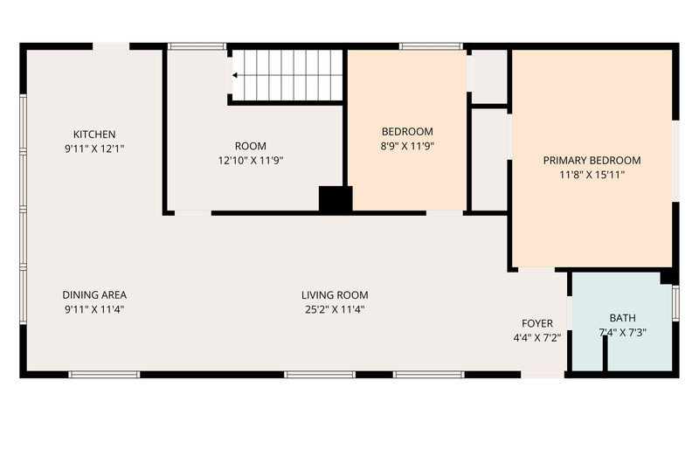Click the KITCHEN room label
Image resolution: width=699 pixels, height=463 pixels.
(x=94, y=135)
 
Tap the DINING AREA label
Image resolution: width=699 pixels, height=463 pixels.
(x=94, y=295)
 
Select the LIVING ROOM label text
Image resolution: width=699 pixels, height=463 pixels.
(x=335, y=295)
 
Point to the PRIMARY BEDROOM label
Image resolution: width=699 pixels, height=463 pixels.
(x=592, y=161)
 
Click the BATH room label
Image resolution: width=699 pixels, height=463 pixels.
(x=623, y=318)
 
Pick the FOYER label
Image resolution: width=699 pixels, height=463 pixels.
(x=537, y=323)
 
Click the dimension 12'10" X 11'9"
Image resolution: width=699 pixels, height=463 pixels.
(x=251, y=161)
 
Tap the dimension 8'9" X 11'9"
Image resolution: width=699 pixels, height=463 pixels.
(x=407, y=146)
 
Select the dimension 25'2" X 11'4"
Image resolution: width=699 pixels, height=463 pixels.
(x=335, y=309)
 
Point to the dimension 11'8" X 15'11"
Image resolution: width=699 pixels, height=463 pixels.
(x=592, y=175)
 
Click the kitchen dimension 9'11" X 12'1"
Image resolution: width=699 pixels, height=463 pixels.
(x=94, y=149)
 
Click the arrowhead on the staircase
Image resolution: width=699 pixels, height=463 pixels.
(x=234, y=75)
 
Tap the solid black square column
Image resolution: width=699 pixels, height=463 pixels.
(x=336, y=199)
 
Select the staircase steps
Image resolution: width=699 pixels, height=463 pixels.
(x=287, y=75)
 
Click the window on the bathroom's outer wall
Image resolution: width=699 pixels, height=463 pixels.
(x=675, y=303)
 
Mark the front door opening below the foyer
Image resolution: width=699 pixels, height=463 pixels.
(x=543, y=374)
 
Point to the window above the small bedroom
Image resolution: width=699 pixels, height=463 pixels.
(x=431, y=46)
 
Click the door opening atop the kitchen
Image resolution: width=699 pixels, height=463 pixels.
(x=111, y=46)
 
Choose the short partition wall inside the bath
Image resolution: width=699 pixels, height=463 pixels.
(x=605, y=354)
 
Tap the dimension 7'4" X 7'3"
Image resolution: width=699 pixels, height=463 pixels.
(x=623, y=333)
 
